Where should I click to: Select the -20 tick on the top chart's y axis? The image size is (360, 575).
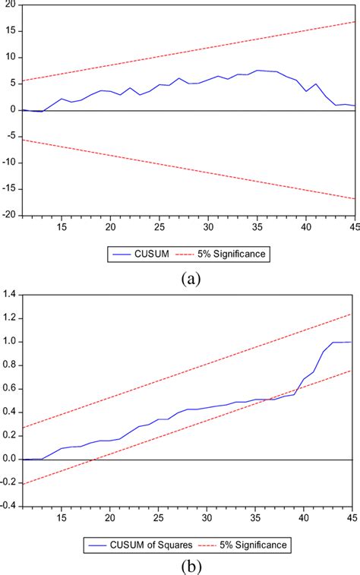click(x=8, y=215)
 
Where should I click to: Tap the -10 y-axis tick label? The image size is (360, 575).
click(x=8, y=163)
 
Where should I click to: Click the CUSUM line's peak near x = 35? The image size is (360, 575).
click(x=257, y=70)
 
